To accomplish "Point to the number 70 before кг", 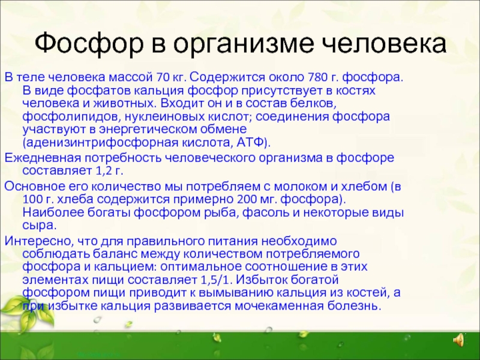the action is click(x=162, y=77).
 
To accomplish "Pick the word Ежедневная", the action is click(x=42, y=158).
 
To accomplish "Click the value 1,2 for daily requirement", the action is click(x=103, y=171).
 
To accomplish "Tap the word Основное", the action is click(x=35, y=186).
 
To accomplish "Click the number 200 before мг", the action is click(x=246, y=199).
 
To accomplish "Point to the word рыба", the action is click(x=221, y=212).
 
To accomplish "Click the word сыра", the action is click(x=40, y=226).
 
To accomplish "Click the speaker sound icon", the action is click(x=458, y=340).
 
